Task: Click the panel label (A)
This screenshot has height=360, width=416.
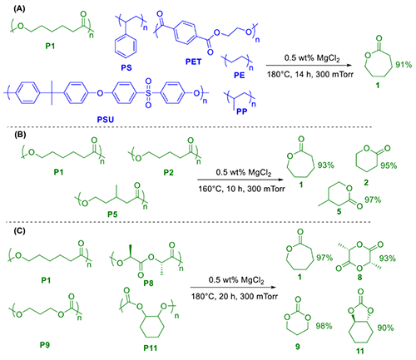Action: pos(19,9)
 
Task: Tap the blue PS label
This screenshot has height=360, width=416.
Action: pos(126,67)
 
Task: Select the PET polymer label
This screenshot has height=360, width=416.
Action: pos(193,62)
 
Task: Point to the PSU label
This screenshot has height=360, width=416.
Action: pos(106,120)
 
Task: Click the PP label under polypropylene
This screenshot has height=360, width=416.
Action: pos(242,111)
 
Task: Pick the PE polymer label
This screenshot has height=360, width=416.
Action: pos(240,75)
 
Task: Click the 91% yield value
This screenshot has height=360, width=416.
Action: pos(404,65)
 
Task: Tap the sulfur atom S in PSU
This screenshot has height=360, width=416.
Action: pos(148,93)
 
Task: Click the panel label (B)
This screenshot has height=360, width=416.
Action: pos(20,135)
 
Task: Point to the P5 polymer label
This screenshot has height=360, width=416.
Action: pos(112,215)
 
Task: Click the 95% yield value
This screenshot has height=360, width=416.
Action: pos(389,165)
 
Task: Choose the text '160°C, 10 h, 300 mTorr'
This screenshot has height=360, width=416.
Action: pos(241,189)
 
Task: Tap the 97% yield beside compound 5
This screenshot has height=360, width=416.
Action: pos(373,200)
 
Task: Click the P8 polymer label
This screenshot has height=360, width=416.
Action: pos(148,283)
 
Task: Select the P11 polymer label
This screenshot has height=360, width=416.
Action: pos(151,348)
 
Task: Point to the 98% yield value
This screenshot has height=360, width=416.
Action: pos(324,326)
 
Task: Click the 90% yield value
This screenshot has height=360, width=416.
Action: pos(385,328)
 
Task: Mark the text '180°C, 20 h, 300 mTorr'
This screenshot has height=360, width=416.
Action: pos(235,297)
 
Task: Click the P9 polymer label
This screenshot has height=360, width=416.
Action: pos(45,345)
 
